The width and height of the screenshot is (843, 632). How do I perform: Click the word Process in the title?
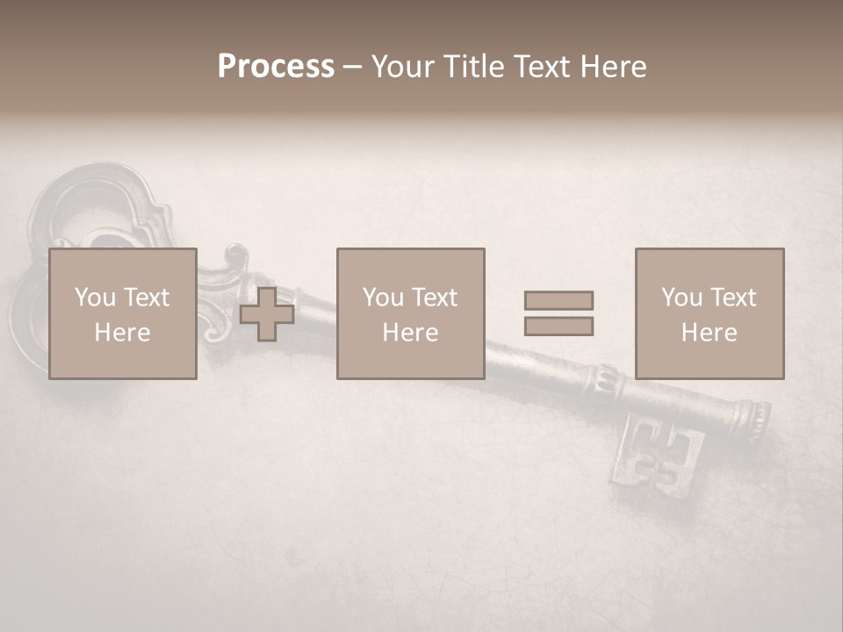pos(276,66)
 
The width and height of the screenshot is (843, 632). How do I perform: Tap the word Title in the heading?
pos(475,66)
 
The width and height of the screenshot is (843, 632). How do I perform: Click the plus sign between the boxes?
pos(267,314)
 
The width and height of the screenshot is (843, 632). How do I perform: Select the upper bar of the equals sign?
pos(558,300)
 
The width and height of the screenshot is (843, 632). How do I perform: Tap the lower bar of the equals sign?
pos(558,327)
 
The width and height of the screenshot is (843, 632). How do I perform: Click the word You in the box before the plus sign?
pos(95,298)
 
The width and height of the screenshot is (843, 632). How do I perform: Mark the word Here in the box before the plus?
pos(122,333)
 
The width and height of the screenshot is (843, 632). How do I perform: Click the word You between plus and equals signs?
pos(383,298)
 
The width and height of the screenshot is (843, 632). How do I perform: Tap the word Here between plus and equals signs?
pos(410,333)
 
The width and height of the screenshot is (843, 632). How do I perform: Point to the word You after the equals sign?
pos(681,298)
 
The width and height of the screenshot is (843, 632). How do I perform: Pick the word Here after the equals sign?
pos(709,333)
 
